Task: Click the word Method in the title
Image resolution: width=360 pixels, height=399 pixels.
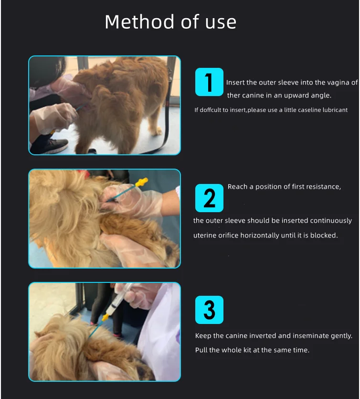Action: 139,22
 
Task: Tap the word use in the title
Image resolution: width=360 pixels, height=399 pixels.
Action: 221,22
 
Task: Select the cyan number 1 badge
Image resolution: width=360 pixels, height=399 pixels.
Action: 209,82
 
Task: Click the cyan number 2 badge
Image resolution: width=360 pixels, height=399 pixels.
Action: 209,198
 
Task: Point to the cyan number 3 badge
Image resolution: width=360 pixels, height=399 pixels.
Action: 209,310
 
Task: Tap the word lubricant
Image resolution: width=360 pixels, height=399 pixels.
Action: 335,110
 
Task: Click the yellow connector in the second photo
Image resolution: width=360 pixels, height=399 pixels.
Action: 142,182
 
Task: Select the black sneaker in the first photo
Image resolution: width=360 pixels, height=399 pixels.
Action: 50,145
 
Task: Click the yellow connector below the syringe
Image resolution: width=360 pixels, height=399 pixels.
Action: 105,318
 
